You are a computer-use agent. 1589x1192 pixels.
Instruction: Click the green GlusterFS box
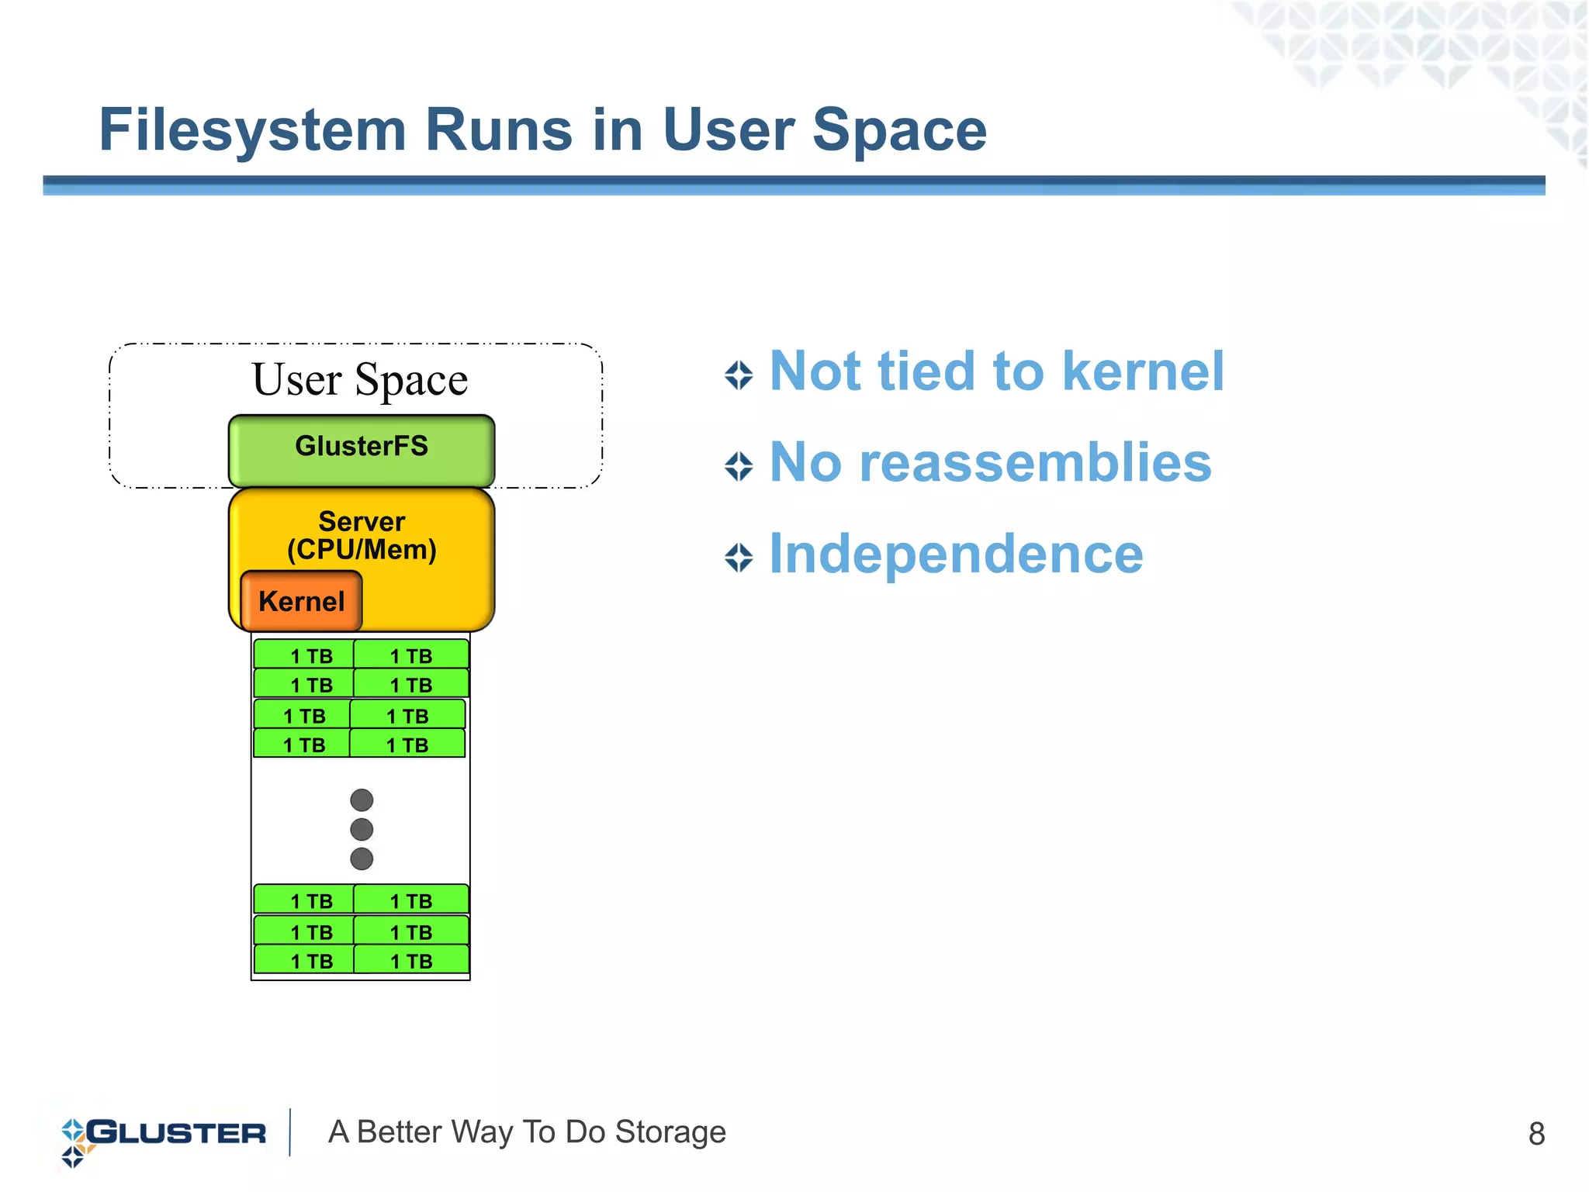pos(361,451)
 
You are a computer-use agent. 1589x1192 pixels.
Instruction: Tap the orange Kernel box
pos(301,601)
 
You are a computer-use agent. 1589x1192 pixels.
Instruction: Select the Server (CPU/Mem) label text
pos(362,536)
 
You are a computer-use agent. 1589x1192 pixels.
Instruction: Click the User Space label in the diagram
pos(360,380)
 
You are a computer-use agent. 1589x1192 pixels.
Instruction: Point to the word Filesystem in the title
pos(252,130)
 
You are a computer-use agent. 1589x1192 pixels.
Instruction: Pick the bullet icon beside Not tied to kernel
pos(739,375)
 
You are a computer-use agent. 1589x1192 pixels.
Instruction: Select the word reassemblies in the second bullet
pos(1035,463)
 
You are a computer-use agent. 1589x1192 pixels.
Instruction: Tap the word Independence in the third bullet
pos(956,554)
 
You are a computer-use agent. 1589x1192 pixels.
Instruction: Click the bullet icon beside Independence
pos(739,558)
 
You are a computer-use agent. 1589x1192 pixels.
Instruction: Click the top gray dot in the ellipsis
pos(362,800)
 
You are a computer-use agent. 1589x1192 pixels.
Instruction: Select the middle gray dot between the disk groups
pos(362,829)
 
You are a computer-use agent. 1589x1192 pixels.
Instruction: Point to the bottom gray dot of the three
pos(362,859)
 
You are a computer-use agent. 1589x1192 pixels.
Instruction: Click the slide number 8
pos(1535,1134)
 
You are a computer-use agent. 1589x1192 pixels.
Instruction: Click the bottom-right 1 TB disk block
pos(411,961)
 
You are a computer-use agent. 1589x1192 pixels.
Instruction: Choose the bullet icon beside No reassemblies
pos(739,467)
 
